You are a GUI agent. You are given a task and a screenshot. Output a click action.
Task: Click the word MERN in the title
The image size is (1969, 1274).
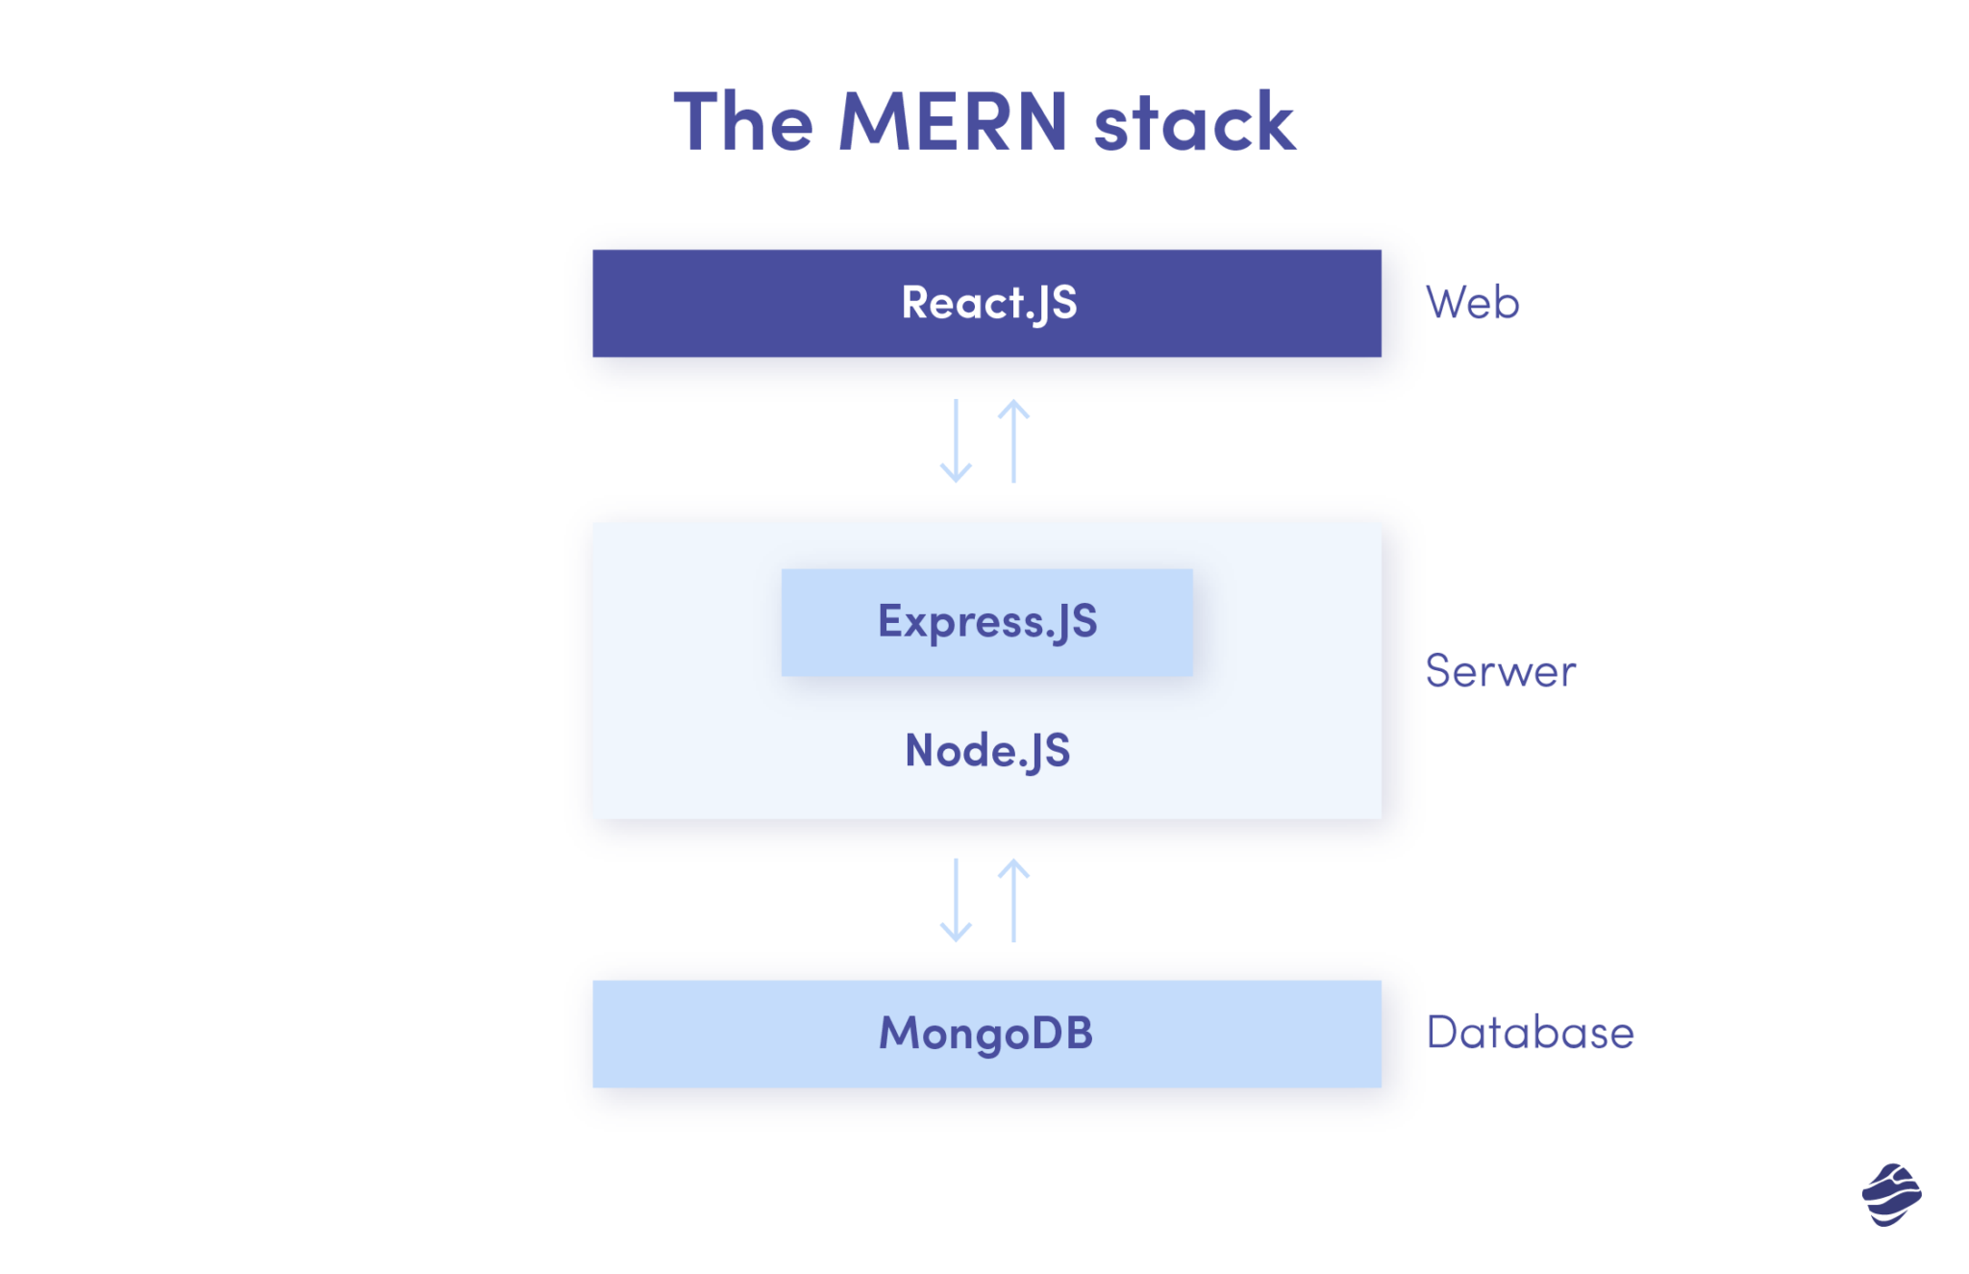(x=953, y=122)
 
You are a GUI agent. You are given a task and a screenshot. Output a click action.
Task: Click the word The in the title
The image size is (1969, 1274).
(x=743, y=122)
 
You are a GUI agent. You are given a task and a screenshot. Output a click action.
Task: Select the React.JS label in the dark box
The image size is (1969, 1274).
(x=988, y=303)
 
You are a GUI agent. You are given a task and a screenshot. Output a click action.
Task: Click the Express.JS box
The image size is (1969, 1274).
(x=986, y=622)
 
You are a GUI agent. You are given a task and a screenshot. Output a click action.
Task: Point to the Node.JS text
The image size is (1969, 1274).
(x=986, y=751)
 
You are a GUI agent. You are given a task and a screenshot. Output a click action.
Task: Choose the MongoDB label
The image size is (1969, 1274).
(x=986, y=1034)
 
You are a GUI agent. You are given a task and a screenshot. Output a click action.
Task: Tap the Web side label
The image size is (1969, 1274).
(x=1472, y=303)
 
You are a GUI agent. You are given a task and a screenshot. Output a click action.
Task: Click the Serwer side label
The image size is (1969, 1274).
(x=1500, y=671)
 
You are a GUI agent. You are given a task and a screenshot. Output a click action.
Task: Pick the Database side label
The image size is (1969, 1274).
(x=1530, y=1033)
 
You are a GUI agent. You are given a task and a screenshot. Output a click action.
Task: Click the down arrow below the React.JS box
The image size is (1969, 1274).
(x=956, y=441)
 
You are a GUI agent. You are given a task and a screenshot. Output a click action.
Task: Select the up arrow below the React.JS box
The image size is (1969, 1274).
(x=1013, y=441)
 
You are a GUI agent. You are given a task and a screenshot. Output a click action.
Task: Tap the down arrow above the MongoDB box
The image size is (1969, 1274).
(x=956, y=900)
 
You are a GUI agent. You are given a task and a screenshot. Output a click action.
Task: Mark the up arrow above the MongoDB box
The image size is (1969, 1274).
(x=1013, y=900)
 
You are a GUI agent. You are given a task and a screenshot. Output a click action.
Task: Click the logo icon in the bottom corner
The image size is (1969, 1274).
(x=1891, y=1194)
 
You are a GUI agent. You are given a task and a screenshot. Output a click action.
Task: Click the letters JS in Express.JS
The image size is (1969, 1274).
(x=1075, y=622)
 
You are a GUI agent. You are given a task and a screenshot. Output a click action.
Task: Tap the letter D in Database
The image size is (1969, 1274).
(x=1443, y=1033)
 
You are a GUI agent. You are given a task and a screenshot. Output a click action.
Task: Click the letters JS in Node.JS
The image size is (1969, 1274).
(x=1048, y=751)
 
